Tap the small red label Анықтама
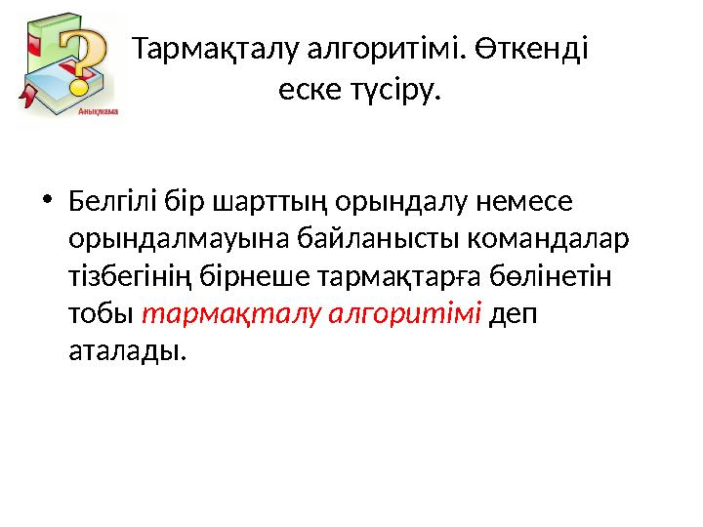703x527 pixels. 97,112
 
